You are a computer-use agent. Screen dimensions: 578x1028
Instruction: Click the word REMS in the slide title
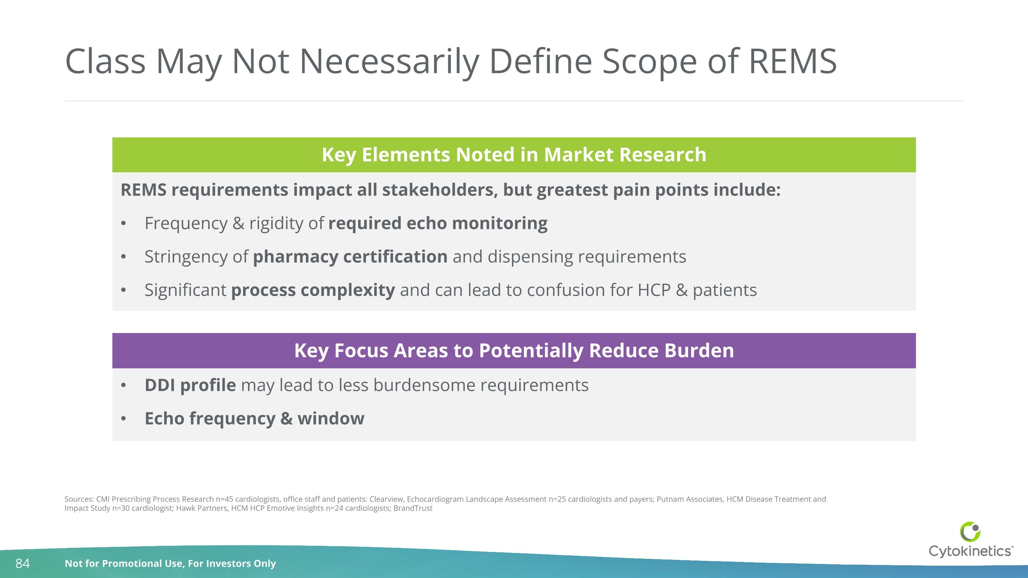tap(793, 61)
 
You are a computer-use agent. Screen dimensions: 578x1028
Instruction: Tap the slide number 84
tap(22, 563)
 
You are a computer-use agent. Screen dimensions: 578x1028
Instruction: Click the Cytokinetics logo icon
tap(970, 532)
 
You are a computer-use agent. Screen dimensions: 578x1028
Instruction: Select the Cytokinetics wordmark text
tap(970, 551)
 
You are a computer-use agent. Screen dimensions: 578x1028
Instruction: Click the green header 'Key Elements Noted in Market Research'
tap(514, 155)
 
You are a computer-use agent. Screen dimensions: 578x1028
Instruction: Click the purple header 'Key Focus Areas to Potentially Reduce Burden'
tap(514, 351)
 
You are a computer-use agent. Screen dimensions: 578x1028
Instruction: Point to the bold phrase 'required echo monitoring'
tap(438, 223)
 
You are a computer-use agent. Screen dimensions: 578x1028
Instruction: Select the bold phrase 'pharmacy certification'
tap(350, 257)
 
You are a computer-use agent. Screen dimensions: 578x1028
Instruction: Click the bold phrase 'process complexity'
tap(313, 290)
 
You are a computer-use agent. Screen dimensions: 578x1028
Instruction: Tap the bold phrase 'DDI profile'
tap(190, 385)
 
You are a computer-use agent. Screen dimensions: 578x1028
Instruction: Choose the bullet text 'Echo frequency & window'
tap(254, 418)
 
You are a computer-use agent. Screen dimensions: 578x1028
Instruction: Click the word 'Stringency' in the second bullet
tap(186, 257)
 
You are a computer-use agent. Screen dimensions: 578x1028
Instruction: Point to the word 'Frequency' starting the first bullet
tap(186, 223)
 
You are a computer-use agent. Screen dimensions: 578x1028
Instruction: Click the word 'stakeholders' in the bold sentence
tap(440, 190)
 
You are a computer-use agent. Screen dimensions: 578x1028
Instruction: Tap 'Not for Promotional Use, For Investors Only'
tap(170, 563)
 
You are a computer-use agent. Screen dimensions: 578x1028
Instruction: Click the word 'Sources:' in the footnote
tap(79, 499)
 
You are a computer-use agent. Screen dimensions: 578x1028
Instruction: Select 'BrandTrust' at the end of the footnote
tap(413, 508)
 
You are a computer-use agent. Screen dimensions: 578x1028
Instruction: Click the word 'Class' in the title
tap(105, 61)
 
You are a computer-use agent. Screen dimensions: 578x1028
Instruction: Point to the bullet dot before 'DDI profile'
tap(124, 385)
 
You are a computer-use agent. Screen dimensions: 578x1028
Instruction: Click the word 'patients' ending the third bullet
tap(724, 290)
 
